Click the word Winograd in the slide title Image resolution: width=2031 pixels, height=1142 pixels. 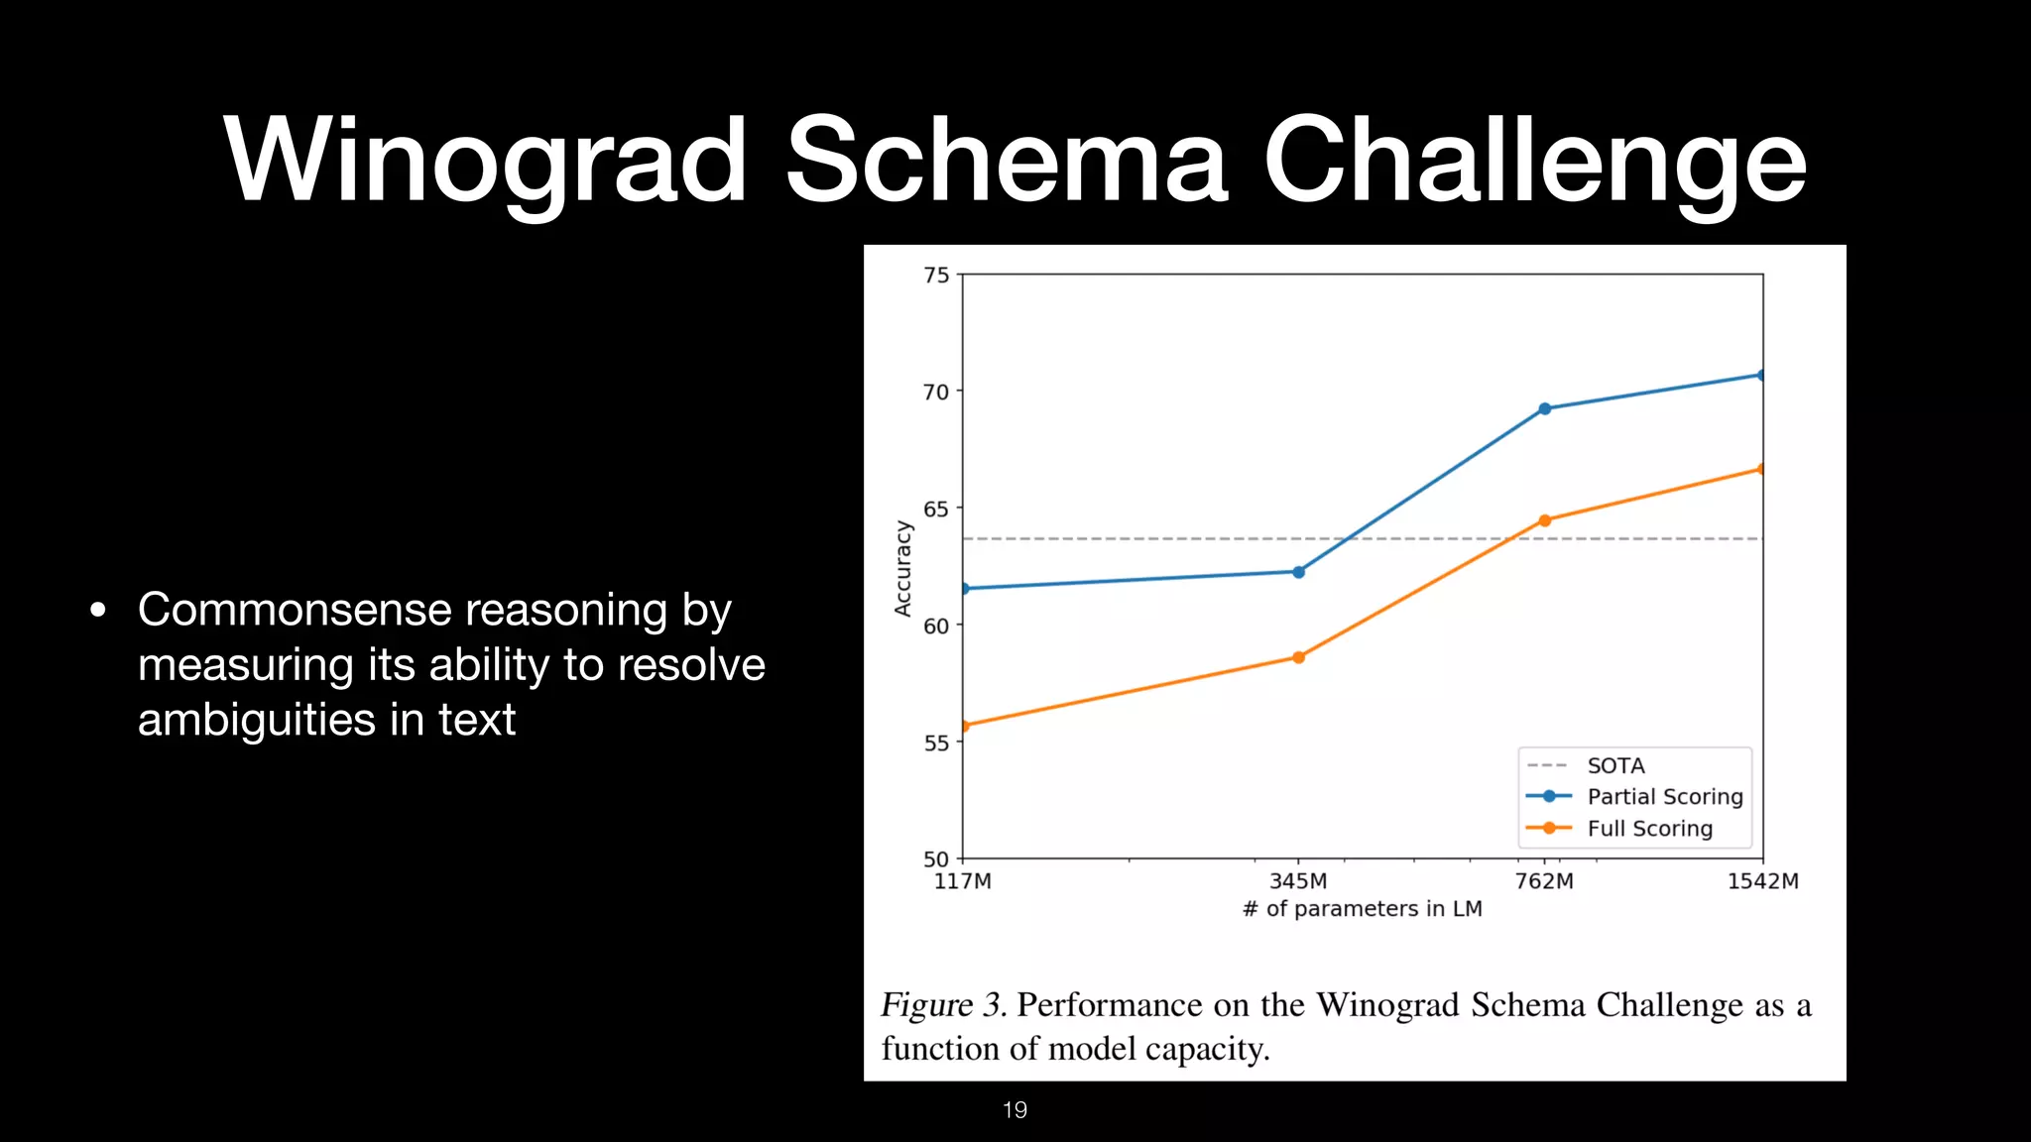486,161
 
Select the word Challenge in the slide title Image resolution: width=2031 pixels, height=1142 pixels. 1534,161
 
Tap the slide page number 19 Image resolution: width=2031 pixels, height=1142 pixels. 1015,1110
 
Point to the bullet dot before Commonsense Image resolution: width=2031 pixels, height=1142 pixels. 97,611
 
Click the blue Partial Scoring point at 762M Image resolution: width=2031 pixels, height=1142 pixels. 1544,408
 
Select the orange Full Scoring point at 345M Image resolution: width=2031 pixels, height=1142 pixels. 1298,657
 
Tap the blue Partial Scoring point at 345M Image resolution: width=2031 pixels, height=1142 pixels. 1298,572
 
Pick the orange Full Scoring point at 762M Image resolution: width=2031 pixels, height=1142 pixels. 1544,520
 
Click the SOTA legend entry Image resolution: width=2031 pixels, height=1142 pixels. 1614,765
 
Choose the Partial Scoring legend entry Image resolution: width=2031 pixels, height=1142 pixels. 1663,796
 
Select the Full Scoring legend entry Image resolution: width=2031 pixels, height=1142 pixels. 1648,828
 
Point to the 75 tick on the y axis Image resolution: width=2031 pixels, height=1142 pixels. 936,275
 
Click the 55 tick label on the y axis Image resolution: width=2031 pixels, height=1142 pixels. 936,742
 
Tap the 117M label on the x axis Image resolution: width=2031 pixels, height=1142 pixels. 962,881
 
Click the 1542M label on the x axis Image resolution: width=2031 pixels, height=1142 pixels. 1762,881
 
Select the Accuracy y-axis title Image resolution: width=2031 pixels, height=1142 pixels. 902,568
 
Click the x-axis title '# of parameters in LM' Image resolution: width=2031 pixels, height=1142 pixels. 1362,909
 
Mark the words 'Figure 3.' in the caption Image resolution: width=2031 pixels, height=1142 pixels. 943,1005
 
